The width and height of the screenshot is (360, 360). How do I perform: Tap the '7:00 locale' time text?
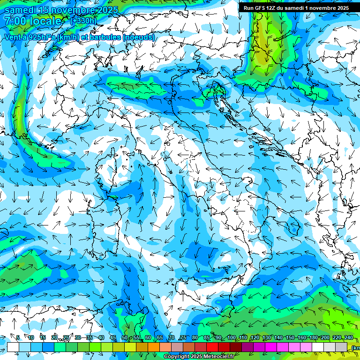click(33, 21)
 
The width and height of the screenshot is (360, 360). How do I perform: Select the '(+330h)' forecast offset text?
click(83, 21)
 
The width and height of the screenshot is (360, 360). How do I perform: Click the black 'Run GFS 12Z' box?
click(296, 7)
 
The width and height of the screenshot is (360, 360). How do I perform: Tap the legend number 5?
click(18, 337)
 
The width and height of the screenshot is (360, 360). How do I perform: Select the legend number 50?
click(124, 337)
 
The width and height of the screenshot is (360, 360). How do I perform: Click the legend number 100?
click(231, 337)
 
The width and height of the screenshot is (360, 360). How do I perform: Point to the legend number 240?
click(348, 337)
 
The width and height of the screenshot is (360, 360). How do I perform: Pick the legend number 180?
click(313, 337)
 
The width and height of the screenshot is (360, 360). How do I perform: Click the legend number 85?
click(206, 337)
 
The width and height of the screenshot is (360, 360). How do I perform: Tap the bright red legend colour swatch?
click(212, 347)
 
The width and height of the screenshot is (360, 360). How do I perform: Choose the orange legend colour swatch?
click(142, 347)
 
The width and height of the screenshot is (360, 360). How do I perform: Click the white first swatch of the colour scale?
click(13, 347)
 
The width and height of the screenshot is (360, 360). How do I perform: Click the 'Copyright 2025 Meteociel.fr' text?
click(199, 357)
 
